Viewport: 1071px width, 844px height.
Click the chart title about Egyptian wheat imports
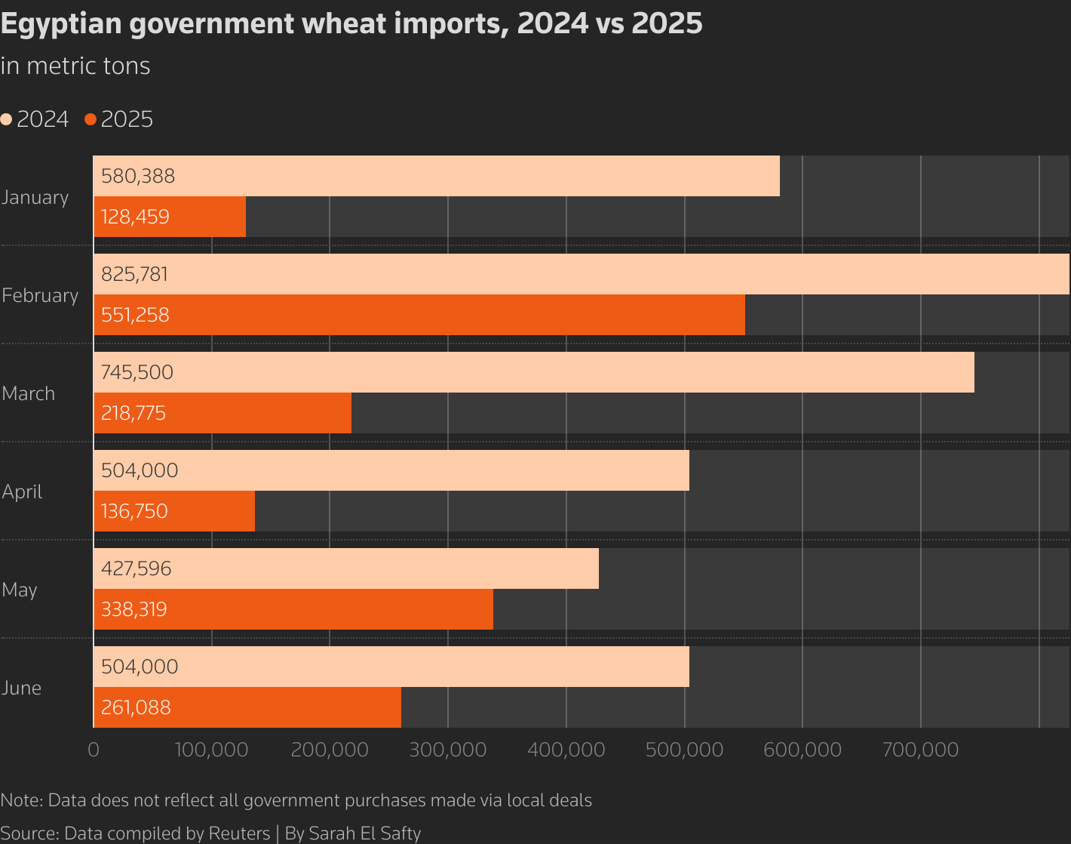click(351, 23)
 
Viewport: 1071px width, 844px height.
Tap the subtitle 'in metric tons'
click(75, 66)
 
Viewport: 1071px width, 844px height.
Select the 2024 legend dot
click(7, 119)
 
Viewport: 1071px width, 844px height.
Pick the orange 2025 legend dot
click(91, 119)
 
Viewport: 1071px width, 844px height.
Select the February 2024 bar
click(581, 274)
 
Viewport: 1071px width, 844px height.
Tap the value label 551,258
click(135, 315)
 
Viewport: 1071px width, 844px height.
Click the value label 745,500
click(137, 372)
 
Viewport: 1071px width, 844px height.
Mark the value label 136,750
click(134, 511)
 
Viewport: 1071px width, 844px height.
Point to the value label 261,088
click(136, 707)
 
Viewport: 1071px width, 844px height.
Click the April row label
click(22, 491)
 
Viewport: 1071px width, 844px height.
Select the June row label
click(21, 688)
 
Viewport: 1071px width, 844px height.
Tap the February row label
click(40, 295)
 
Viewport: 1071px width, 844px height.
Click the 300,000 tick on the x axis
click(448, 750)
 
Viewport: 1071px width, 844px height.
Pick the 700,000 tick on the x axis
click(920, 750)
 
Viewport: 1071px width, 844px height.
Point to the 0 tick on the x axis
click(94, 750)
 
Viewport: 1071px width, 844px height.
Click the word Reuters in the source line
click(238, 833)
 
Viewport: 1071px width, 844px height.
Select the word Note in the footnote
click(20, 800)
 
